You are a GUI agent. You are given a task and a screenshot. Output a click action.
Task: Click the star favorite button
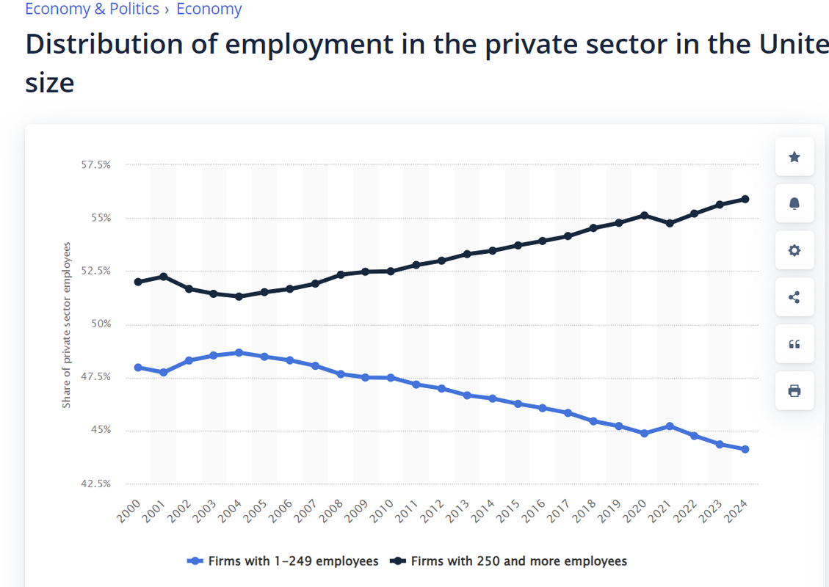[x=794, y=156]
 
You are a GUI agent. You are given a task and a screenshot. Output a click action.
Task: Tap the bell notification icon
[x=794, y=203]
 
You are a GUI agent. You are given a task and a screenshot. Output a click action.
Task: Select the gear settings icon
[x=794, y=250]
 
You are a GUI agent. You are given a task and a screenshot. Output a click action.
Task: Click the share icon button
[x=794, y=297]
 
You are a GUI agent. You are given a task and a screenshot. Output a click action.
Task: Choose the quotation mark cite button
[x=794, y=344]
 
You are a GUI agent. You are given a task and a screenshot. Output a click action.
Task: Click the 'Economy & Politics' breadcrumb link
[x=92, y=10]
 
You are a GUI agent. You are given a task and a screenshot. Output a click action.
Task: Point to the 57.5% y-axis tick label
[x=95, y=165]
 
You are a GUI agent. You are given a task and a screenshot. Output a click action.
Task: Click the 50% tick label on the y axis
[x=100, y=324]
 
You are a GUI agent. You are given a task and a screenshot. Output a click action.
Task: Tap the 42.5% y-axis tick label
[x=95, y=484]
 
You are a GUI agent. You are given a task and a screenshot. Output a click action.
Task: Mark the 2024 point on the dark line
[x=745, y=199]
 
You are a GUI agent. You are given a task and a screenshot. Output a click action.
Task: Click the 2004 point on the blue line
[x=239, y=353]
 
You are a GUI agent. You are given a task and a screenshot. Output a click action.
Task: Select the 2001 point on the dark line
[x=163, y=277]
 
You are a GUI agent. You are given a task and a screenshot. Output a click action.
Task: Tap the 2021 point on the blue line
[x=670, y=426]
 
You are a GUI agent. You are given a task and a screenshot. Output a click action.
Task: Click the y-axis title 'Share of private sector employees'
[x=67, y=324]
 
